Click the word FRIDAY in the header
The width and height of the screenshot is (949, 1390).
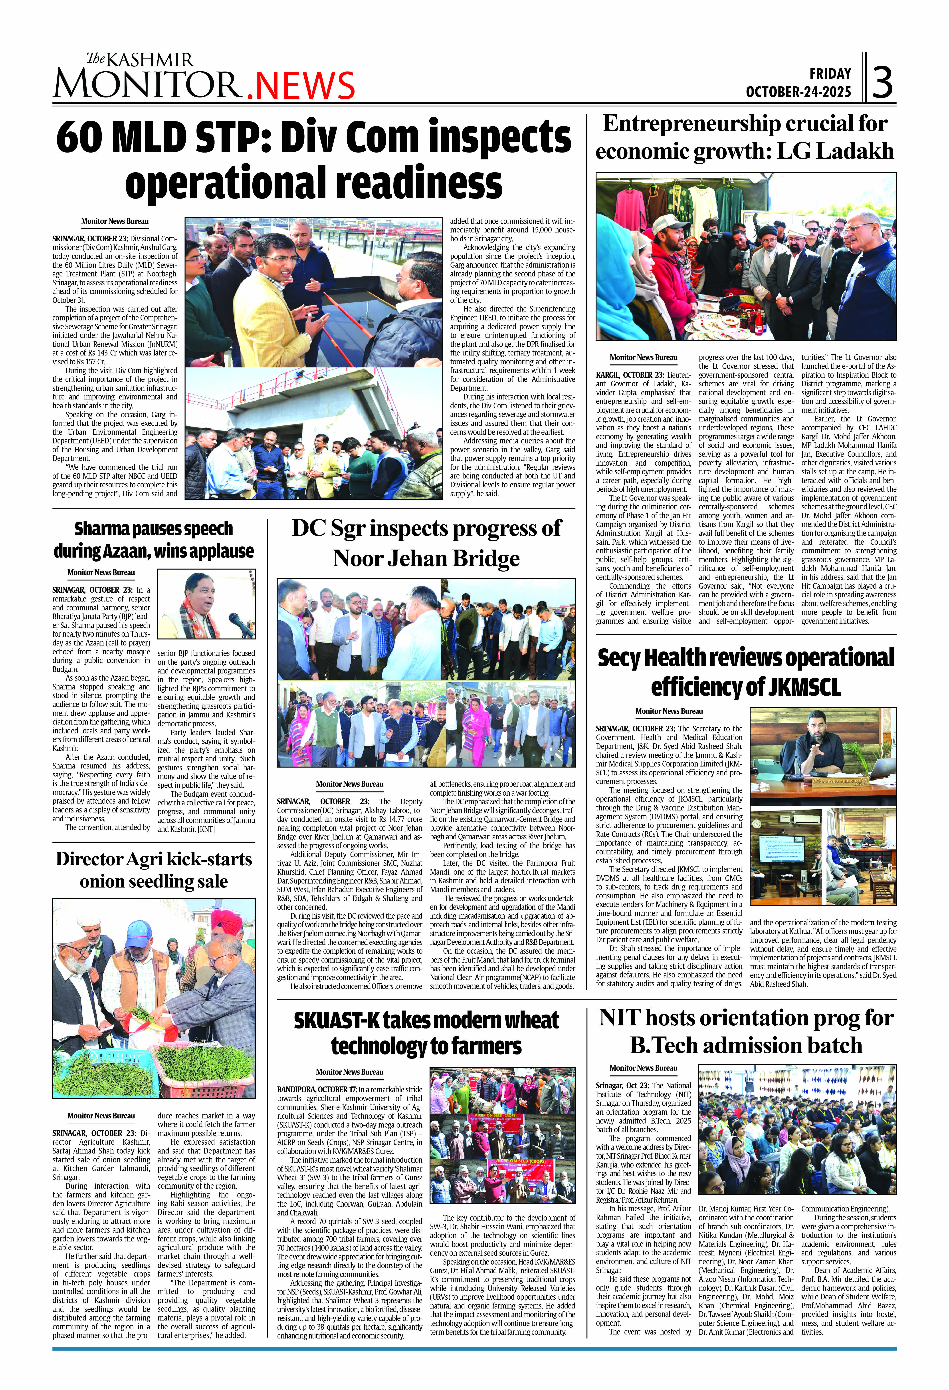[x=830, y=73]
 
